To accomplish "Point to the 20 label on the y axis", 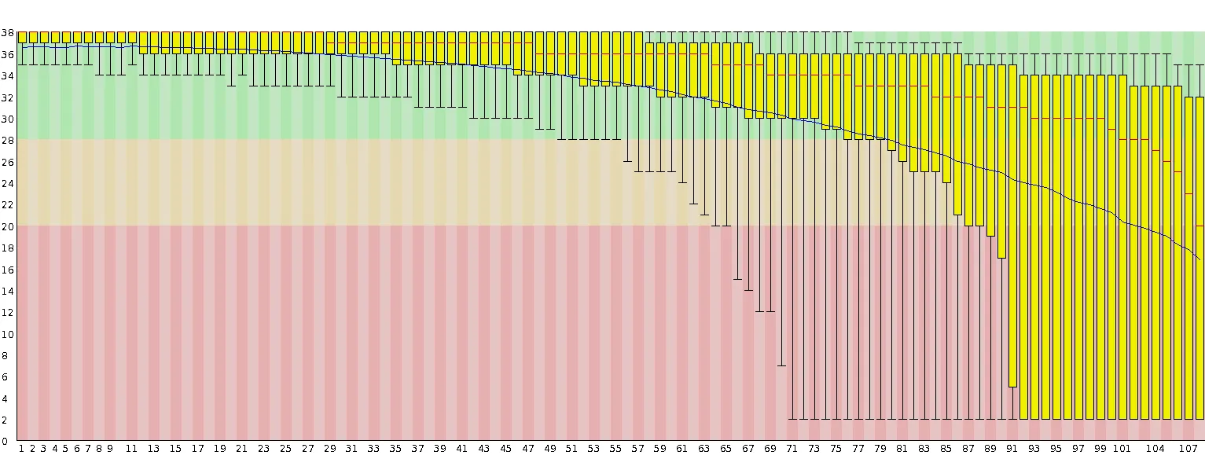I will click(8, 226).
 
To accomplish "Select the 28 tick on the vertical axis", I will click(8, 141).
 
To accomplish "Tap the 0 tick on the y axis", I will click(5, 441).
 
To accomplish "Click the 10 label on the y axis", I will click(8, 334).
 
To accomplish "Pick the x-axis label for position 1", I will click(21, 449).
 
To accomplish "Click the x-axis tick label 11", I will click(131, 449).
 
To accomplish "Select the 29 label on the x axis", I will click(329, 449).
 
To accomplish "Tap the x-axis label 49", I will click(549, 449).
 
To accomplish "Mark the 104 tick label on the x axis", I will click(1155, 449).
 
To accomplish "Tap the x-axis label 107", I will click(1188, 449).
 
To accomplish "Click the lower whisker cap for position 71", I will click(792, 419).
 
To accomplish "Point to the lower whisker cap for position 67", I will click(748, 290).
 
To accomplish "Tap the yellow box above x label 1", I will click(22, 37).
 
